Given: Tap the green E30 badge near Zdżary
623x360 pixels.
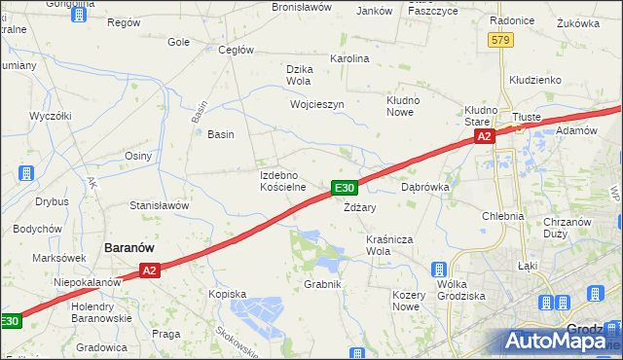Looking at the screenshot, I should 346,187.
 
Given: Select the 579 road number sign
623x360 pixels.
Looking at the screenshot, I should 500,39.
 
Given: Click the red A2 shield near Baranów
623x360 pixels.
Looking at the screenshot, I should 148,270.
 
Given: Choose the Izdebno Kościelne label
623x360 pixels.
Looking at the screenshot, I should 283,180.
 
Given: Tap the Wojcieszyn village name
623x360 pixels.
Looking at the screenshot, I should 316,104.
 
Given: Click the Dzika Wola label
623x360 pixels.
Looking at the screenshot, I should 299,75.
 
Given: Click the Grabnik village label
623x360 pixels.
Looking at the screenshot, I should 322,284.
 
